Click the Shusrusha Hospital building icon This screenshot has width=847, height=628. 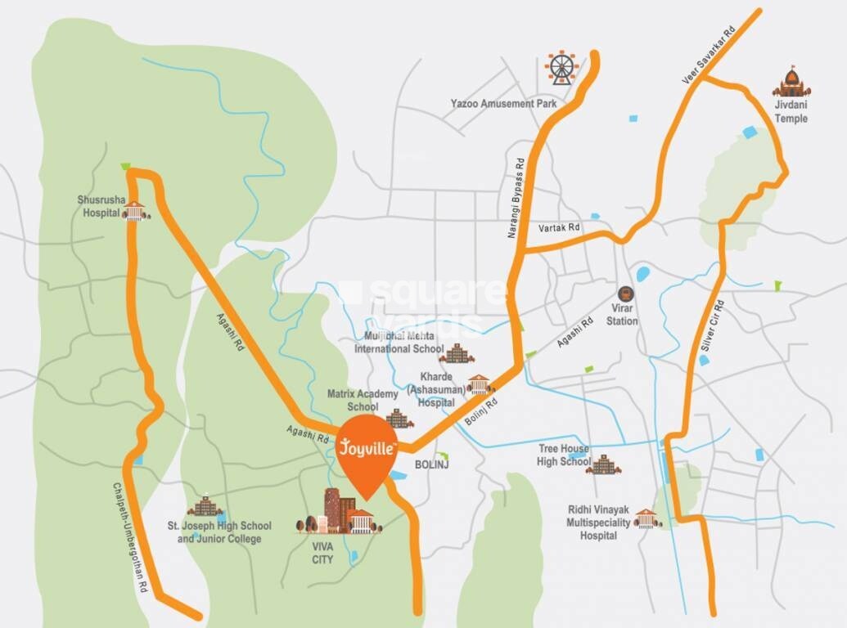click(x=135, y=211)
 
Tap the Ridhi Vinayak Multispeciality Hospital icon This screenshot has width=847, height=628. click(x=647, y=517)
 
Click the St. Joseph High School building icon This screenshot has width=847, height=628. click(x=205, y=506)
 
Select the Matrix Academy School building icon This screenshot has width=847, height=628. click(x=399, y=419)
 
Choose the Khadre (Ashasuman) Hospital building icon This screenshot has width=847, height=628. click(x=479, y=384)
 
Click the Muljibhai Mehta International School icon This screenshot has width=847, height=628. click(x=455, y=353)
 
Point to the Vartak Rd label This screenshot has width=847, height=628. click(x=559, y=227)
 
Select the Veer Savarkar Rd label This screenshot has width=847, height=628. click(x=709, y=55)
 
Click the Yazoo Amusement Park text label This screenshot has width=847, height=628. click(x=503, y=104)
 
